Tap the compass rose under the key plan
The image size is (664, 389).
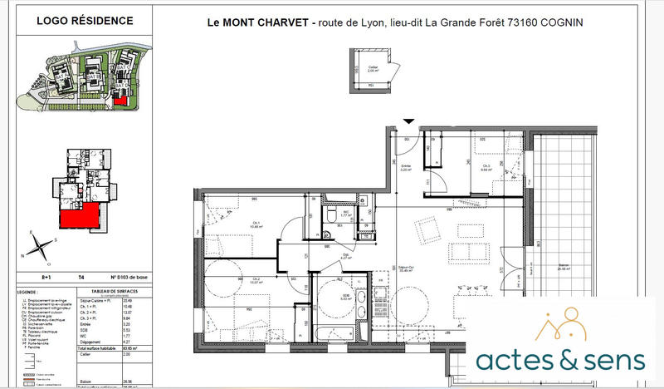[x=40, y=244]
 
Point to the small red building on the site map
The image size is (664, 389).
[x=121, y=99]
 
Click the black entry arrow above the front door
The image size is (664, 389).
[x=407, y=122]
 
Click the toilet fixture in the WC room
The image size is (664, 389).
[x=331, y=214]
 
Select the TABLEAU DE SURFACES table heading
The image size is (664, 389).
[x=117, y=292]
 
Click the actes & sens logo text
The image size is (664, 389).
[x=560, y=360]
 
